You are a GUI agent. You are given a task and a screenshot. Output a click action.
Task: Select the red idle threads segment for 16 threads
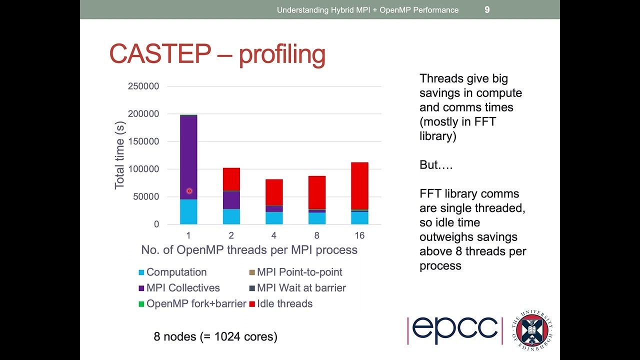(x=359, y=185)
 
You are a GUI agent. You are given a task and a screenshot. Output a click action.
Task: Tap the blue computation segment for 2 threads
(x=231, y=216)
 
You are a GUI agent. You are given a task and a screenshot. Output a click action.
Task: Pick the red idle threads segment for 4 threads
(x=274, y=192)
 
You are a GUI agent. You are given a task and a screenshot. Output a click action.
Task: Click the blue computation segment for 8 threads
(x=317, y=218)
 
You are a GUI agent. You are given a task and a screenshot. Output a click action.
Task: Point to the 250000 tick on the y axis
(x=143, y=86)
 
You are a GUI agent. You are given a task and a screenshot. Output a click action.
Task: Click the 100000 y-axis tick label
(x=143, y=169)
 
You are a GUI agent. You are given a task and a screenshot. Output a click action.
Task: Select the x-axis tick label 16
(x=359, y=235)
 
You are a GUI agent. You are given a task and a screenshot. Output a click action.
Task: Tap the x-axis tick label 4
(x=274, y=235)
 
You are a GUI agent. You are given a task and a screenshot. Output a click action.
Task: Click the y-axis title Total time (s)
(x=119, y=155)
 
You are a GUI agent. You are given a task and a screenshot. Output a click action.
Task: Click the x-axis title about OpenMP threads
(x=249, y=250)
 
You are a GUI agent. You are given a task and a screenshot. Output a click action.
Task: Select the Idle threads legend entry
(x=284, y=303)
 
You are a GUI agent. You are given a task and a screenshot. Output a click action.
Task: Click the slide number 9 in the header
(x=487, y=9)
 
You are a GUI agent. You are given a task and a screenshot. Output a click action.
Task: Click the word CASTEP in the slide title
(x=160, y=54)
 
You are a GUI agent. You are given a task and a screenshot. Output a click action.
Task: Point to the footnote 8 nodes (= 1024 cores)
(x=215, y=336)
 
